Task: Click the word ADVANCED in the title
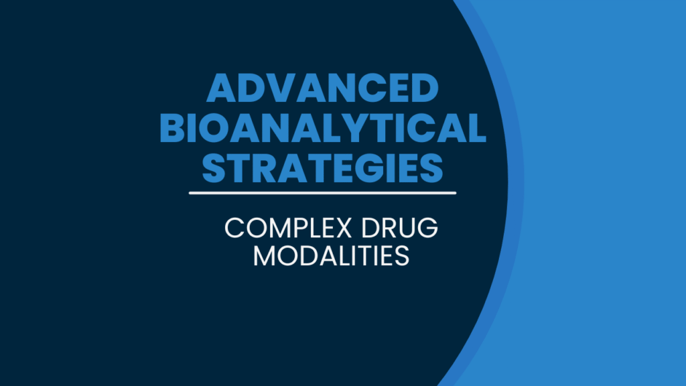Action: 322,90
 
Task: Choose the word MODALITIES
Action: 331,256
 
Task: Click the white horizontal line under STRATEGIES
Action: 322,193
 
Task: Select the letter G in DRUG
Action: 427,230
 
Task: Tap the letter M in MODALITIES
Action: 265,256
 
